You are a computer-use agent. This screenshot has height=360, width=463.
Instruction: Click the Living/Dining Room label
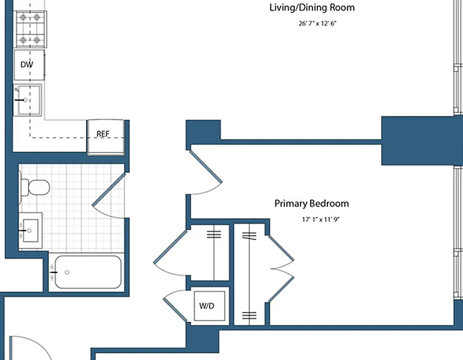[x=312, y=7]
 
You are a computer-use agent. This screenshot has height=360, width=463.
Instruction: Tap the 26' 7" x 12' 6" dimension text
[x=317, y=23]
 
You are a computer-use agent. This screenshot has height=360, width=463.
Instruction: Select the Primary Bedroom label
[x=312, y=204]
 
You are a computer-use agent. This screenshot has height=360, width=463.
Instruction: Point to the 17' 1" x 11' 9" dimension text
[x=321, y=219]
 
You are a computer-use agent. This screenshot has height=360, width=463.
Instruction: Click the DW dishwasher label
[x=27, y=64]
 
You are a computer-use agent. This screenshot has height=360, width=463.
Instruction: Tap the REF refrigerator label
[x=102, y=134]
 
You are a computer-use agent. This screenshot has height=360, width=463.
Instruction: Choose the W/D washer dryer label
[x=207, y=306]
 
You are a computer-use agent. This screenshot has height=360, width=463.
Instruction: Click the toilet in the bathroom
[x=35, y=187]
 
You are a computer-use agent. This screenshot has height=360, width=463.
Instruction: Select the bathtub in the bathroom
[x=88, y=272]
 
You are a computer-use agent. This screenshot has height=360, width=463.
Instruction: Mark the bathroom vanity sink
[x=31, y=231]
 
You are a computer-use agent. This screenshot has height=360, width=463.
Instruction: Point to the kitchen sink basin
[x=29, y=100]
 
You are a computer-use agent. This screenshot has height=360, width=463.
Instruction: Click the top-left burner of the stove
[x=23, y=17]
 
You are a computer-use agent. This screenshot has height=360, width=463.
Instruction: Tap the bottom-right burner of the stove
[x=37, y=39]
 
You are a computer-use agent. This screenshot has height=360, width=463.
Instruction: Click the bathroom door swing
[x=109, y=196]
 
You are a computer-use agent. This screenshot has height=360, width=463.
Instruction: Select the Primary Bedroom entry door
[x=205, y=172]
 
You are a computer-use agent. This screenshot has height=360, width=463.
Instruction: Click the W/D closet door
[x=175, y=305]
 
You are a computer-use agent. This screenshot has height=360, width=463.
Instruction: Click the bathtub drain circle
[x=67, y=272]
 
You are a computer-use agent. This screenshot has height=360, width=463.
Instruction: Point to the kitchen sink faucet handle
[x=20, y=100]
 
